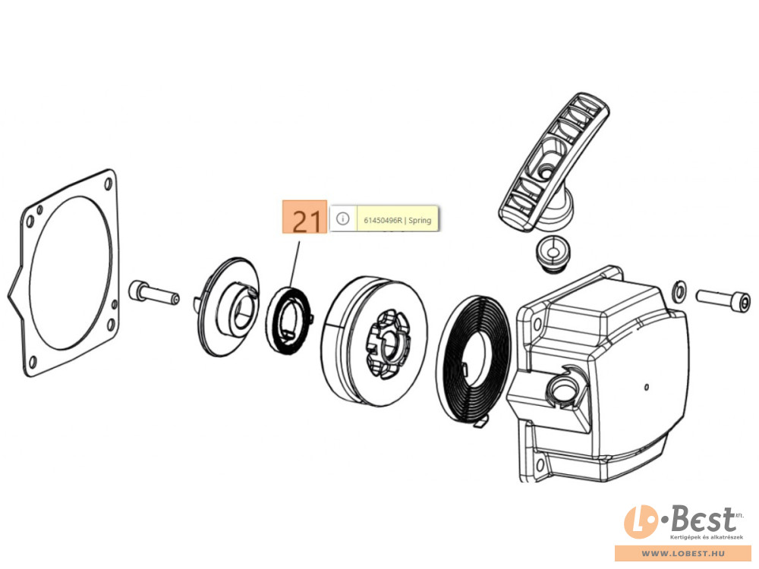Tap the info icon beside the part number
tap(342, 219)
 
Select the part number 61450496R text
tap(382, 220)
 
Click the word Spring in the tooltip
tap(420, 220)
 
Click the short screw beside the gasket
tap(151, 291)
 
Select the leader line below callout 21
tap(294, 262)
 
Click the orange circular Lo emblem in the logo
tap(639, 523)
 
